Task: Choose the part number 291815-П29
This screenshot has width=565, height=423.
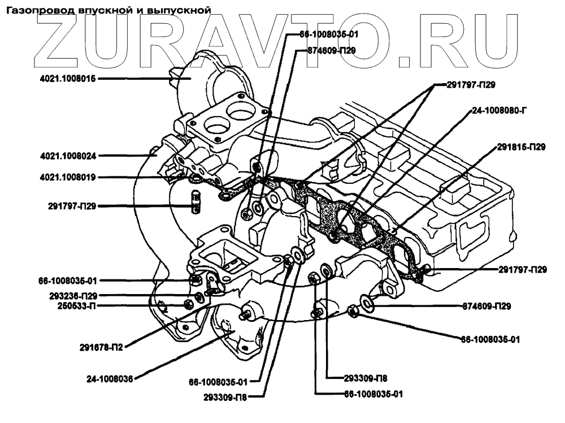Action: [521, 147]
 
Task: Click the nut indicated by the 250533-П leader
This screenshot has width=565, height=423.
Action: [188, 305]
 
